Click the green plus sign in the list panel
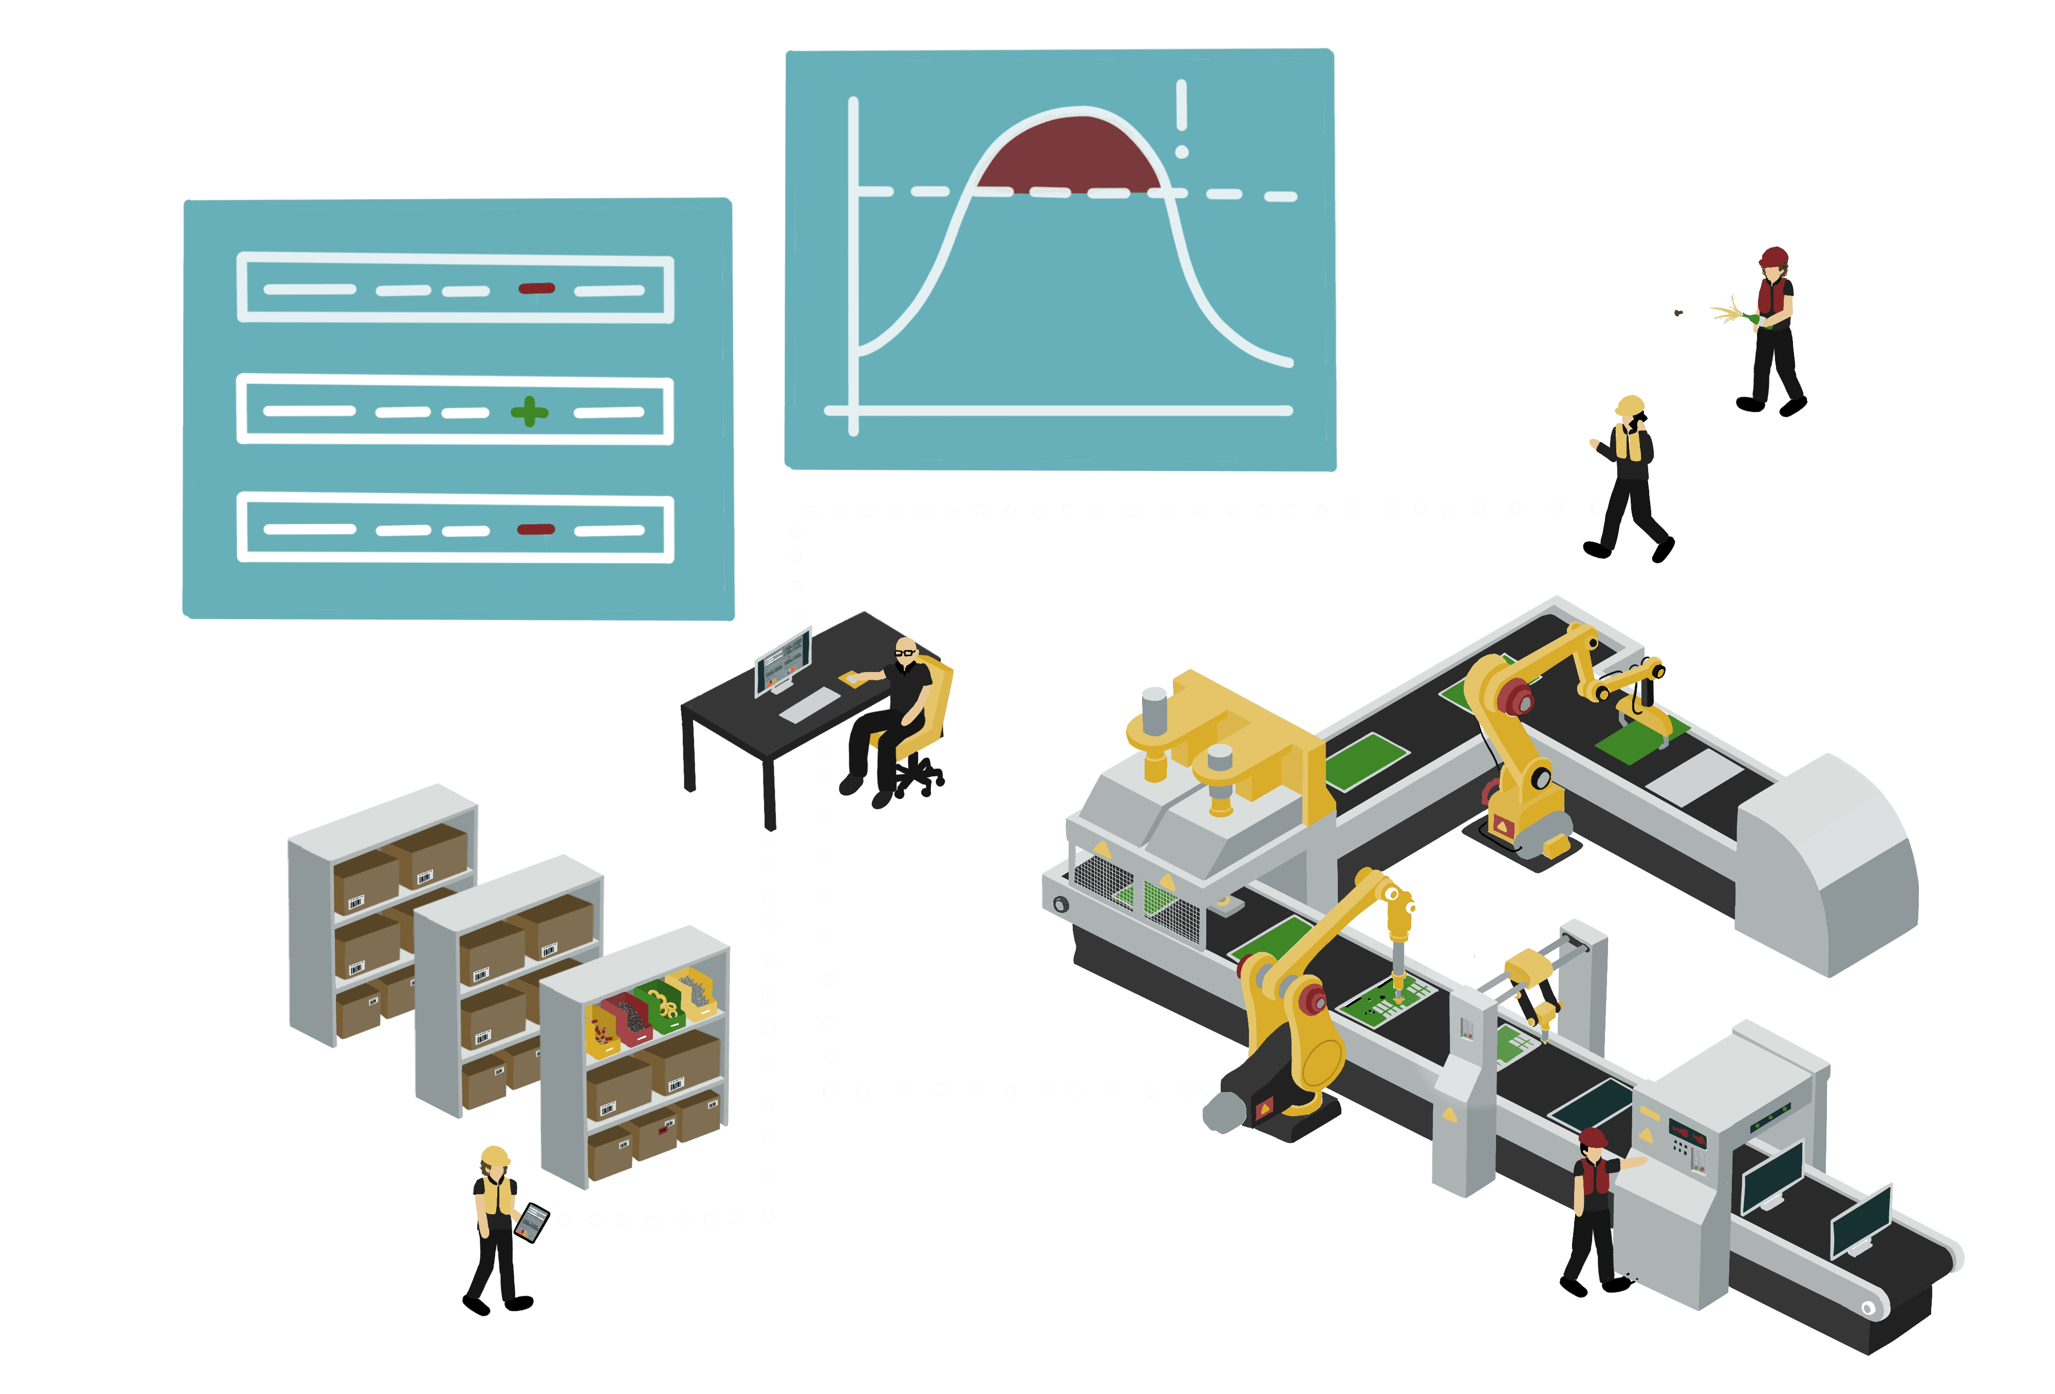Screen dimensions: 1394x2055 529,411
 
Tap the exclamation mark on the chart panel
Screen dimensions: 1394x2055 1181,119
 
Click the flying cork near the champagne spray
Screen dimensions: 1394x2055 1678,312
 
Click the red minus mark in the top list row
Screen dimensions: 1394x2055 536,288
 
